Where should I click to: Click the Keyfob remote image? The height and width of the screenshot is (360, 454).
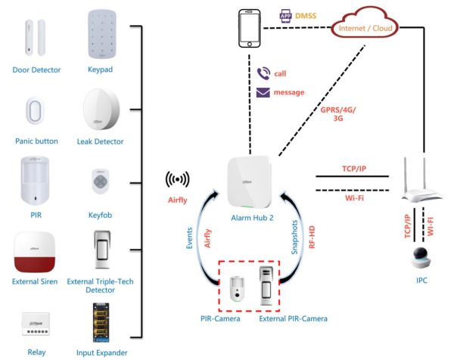pyautogui.click(x=101, y=182)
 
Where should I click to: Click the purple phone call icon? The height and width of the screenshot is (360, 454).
pyautogui.click(x=263, y=73)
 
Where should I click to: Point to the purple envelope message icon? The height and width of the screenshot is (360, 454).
pyautogui.click(x=263, y=92)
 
